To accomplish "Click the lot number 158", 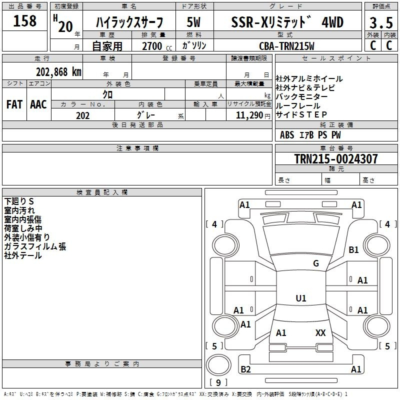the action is click(24, 20).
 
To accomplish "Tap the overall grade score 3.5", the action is click(381, 22).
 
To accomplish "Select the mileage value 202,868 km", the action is click(58, 72).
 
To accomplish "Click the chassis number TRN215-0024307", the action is click(336, 158).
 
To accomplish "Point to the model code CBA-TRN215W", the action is click(286, 46).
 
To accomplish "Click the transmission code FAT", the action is click(14, 104).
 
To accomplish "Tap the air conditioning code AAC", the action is click(38, 104).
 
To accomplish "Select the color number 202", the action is click(82, 115).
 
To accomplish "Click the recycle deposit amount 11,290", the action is click(249, 115).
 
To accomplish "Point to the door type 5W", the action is click(193, 22).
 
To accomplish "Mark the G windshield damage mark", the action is click(316, 263).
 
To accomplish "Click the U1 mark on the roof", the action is click(301, 298).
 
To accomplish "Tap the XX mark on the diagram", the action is click(320, 332).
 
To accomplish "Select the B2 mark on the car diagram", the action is click(245, 369).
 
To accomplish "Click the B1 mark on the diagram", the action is click(353, 249).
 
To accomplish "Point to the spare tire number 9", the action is click(218, 382).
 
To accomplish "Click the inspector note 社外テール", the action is click(23, 255).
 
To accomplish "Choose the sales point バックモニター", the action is click(301, 96).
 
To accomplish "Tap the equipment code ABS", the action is click(287, 135).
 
